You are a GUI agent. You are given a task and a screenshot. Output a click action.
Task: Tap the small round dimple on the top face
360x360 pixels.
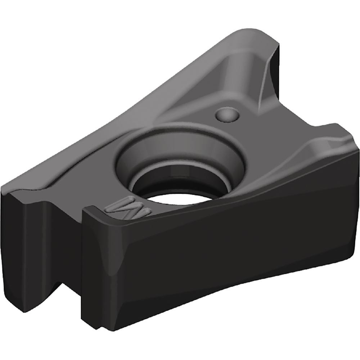coord(227,114)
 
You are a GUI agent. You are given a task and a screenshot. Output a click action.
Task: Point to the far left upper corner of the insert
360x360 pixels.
coord(5,187)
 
